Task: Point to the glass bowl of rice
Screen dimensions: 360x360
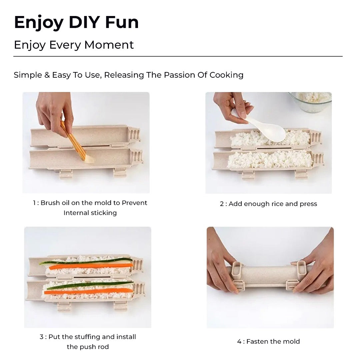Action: [x=311, y=101]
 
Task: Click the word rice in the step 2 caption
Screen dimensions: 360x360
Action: [x=277, y=204]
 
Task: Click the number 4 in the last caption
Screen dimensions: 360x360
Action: [x=239, y=341]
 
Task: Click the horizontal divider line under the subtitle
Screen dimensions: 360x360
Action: [x=178, y=56]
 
